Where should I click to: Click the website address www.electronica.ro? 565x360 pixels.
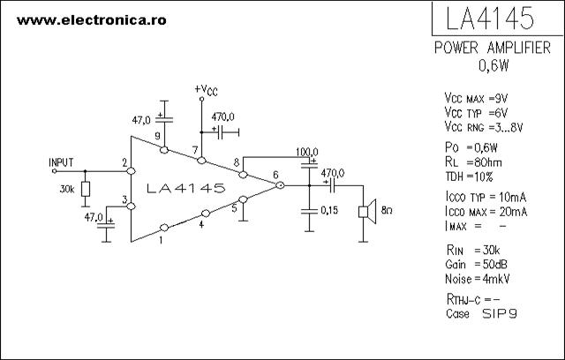pos(92,20)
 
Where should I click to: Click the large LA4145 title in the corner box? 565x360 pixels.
pos(490,18)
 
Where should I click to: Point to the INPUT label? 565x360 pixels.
pos(61,162)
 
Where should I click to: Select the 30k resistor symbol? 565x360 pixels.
pos(86,189)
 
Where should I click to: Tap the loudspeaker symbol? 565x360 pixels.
pos(367,212)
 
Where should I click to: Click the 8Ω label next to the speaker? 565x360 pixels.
pos(387,210)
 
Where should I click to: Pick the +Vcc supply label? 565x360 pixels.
pos(206,90)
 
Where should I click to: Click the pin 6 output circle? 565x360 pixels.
pos(280,185)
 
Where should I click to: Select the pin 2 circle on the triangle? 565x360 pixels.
pos(132,171)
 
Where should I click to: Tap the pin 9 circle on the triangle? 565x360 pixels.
pos(164,150)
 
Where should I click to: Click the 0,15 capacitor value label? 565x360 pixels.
pos(329,210)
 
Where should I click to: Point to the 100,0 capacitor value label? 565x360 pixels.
pos(307,152)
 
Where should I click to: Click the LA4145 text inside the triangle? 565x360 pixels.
pos(186,188)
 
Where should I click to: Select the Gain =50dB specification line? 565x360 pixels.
pos(477,264)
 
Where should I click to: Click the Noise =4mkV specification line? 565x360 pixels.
pos(478,279)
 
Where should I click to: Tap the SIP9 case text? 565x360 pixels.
pos(500,313)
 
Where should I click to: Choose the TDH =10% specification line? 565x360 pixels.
pos(469,176)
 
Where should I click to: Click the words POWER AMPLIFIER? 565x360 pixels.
pos(493,48)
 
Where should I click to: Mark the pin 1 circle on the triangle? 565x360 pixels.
pos(164,228)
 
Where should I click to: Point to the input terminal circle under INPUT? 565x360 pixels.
pos(55,171)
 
